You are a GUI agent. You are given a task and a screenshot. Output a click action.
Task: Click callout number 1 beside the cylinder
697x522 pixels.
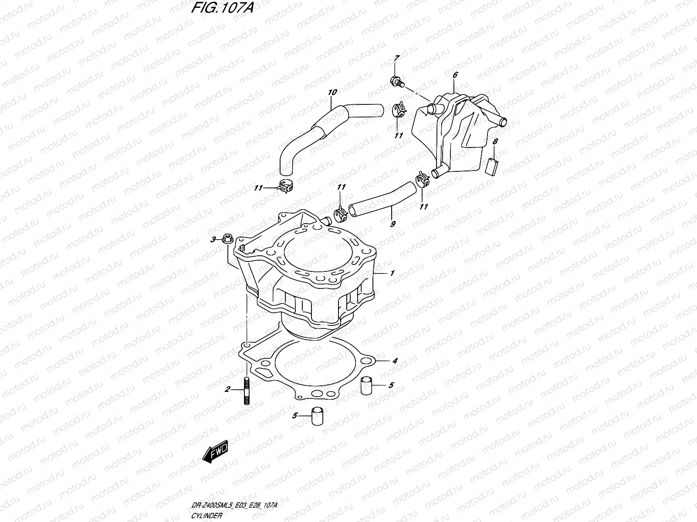(392, 273)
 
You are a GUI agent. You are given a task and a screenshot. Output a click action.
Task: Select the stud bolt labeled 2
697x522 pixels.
(247, 390)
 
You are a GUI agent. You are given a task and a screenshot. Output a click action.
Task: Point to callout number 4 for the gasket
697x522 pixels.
(395, 361)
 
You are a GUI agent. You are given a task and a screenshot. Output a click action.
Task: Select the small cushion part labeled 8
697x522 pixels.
(493, 165)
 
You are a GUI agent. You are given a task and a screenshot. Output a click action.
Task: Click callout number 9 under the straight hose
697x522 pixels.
(392, 224)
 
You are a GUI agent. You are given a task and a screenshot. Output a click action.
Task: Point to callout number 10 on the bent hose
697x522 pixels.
(332, 92)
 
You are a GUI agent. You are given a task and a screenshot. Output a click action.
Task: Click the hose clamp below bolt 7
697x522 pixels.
(399, 111)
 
